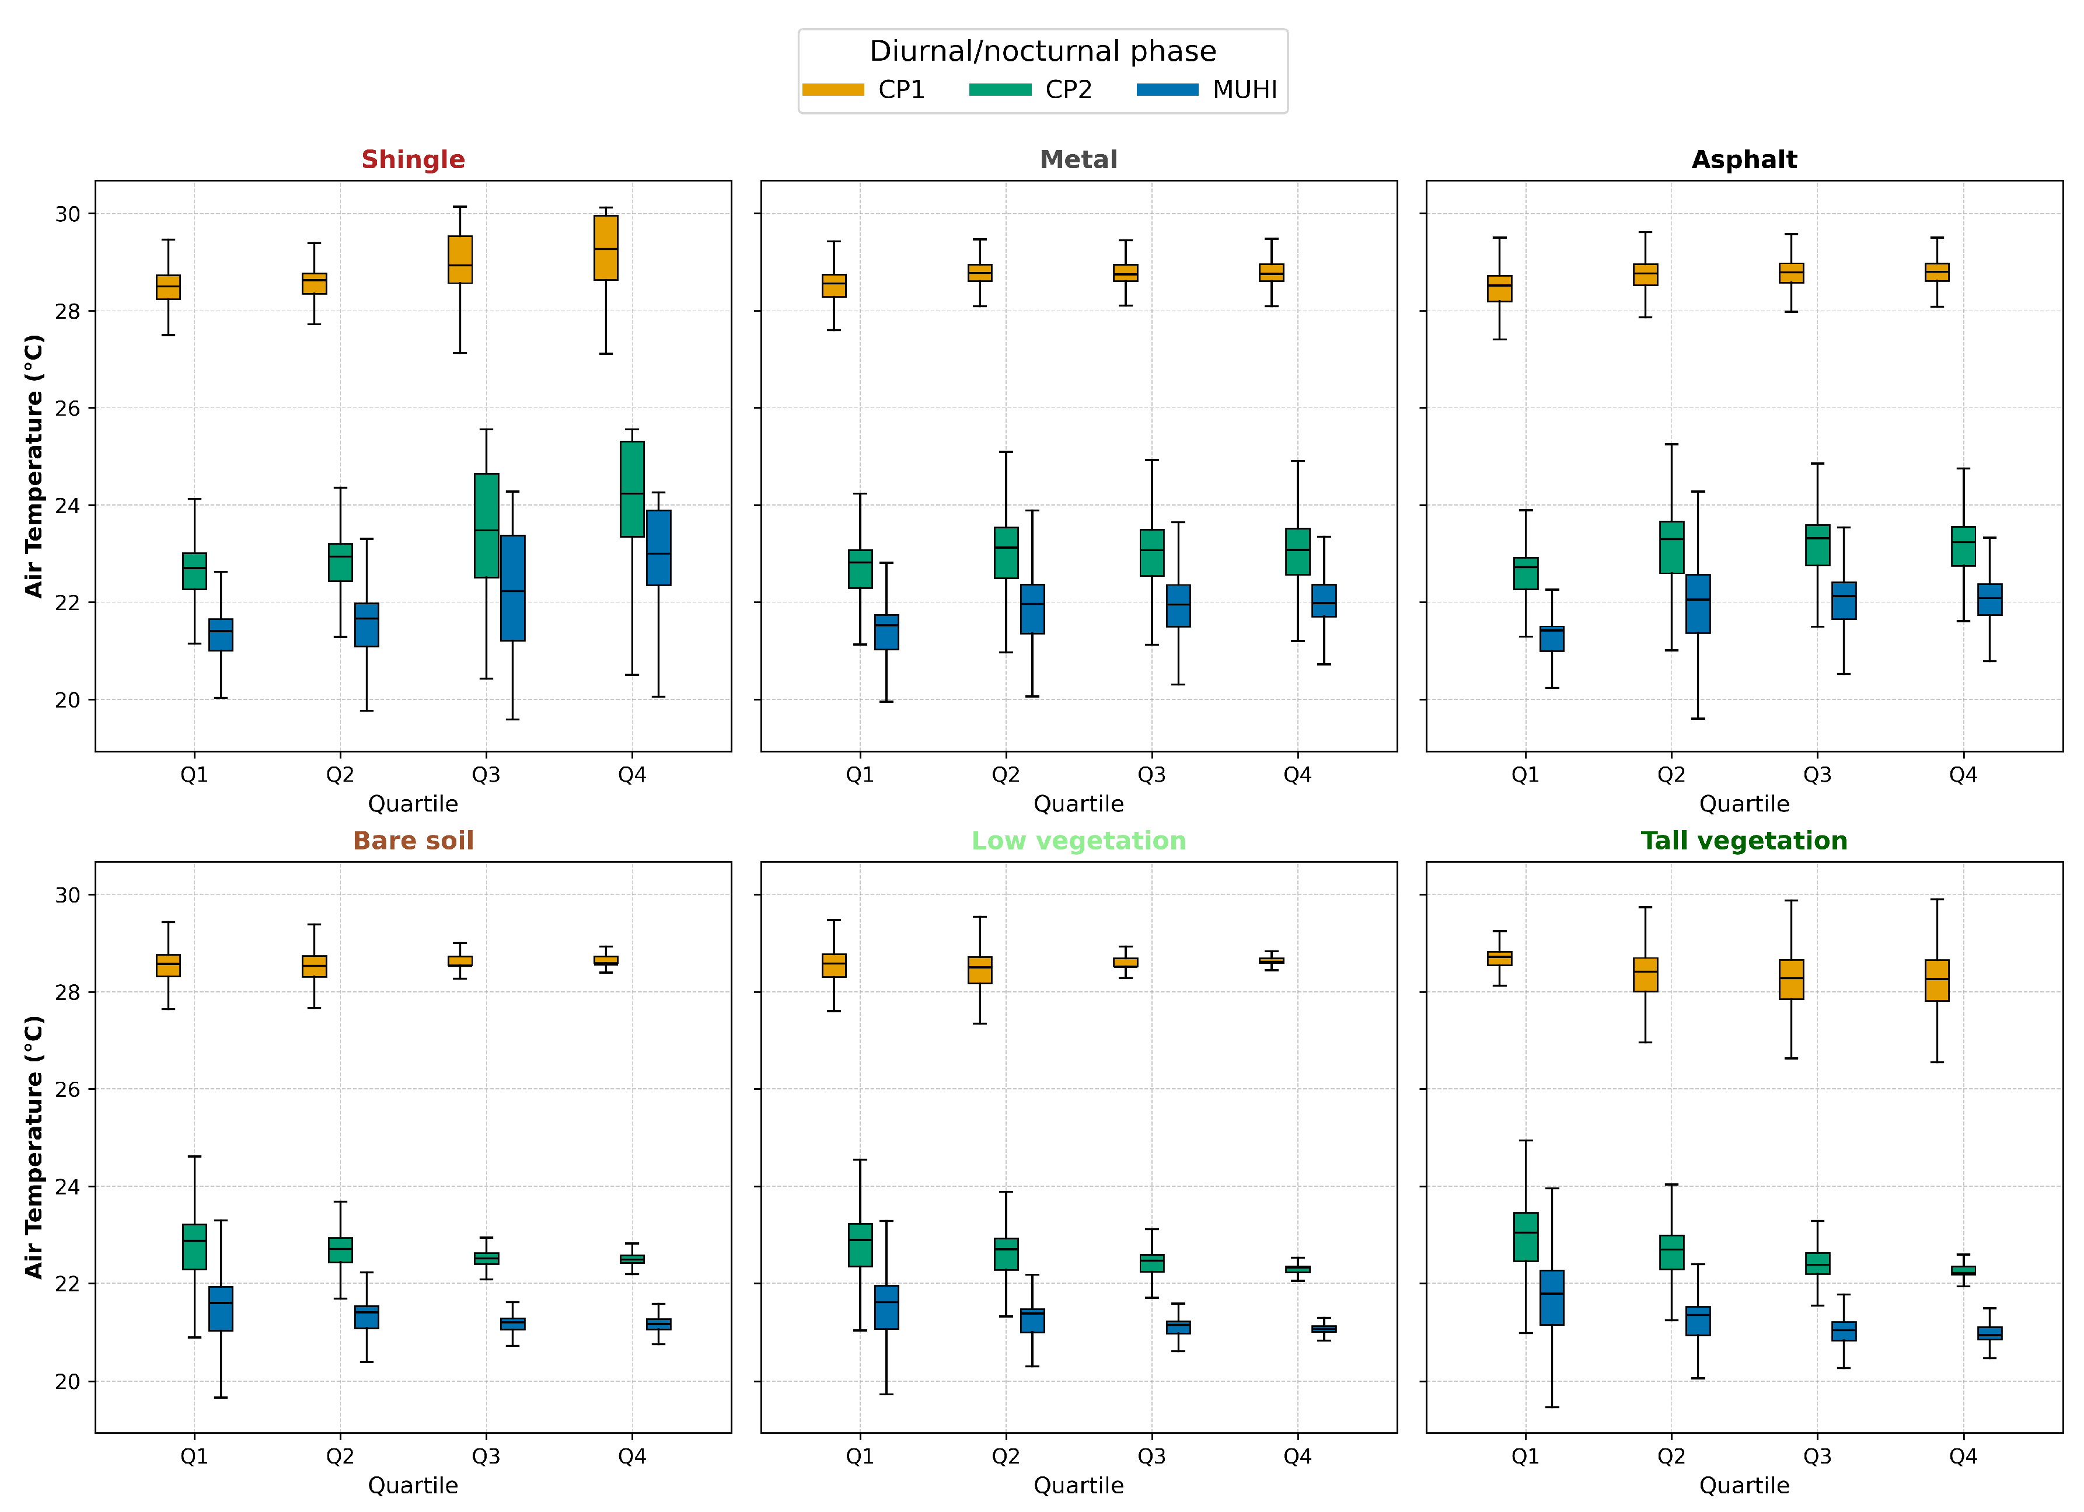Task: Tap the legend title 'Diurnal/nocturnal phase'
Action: (1042, 51)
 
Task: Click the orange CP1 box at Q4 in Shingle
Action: (606, 248)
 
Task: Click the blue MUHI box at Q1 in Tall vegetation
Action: (1551, 1297)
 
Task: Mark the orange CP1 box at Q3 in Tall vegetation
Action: (1791, 979)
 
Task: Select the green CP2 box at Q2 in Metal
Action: (1006, 552)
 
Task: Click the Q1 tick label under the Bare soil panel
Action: (194, 1456)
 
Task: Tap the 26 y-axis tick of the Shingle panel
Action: (67, 408)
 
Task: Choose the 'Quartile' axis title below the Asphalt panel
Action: (1743, 804)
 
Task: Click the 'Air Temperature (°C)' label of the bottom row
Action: (34, 1146)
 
